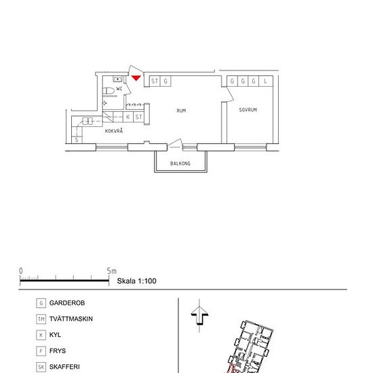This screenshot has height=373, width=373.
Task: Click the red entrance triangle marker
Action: tap(136, 78)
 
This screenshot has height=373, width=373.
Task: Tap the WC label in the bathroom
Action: tap(119, 89)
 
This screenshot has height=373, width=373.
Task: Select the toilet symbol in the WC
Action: tap(109, 91)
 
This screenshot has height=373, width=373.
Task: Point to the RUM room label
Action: tap(181, 111)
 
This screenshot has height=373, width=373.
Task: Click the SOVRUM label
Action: tap(248, 110)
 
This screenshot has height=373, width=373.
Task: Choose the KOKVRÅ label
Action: tap(114, 131)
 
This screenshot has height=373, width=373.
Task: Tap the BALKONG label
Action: tap(180, 163)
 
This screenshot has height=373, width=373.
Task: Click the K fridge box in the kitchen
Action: tap(128, 117)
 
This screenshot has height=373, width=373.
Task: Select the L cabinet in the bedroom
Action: tap(265, 81)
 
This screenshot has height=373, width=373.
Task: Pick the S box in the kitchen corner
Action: tap(77, 140)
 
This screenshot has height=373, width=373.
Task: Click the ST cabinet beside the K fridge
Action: tap(138, 117)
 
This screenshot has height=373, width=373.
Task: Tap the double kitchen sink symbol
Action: tap(87, 121)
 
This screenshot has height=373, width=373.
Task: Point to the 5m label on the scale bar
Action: tap(112, 271)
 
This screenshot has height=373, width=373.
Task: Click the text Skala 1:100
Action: tap(136, 281)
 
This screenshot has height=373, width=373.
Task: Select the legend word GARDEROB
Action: tap(67, 303)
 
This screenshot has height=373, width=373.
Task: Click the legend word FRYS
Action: tap(58, 351)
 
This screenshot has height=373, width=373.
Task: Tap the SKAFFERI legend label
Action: tap(64, 367)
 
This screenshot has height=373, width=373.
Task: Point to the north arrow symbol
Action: tap(199, 316)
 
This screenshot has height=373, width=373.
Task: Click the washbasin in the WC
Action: tap(117, 79)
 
